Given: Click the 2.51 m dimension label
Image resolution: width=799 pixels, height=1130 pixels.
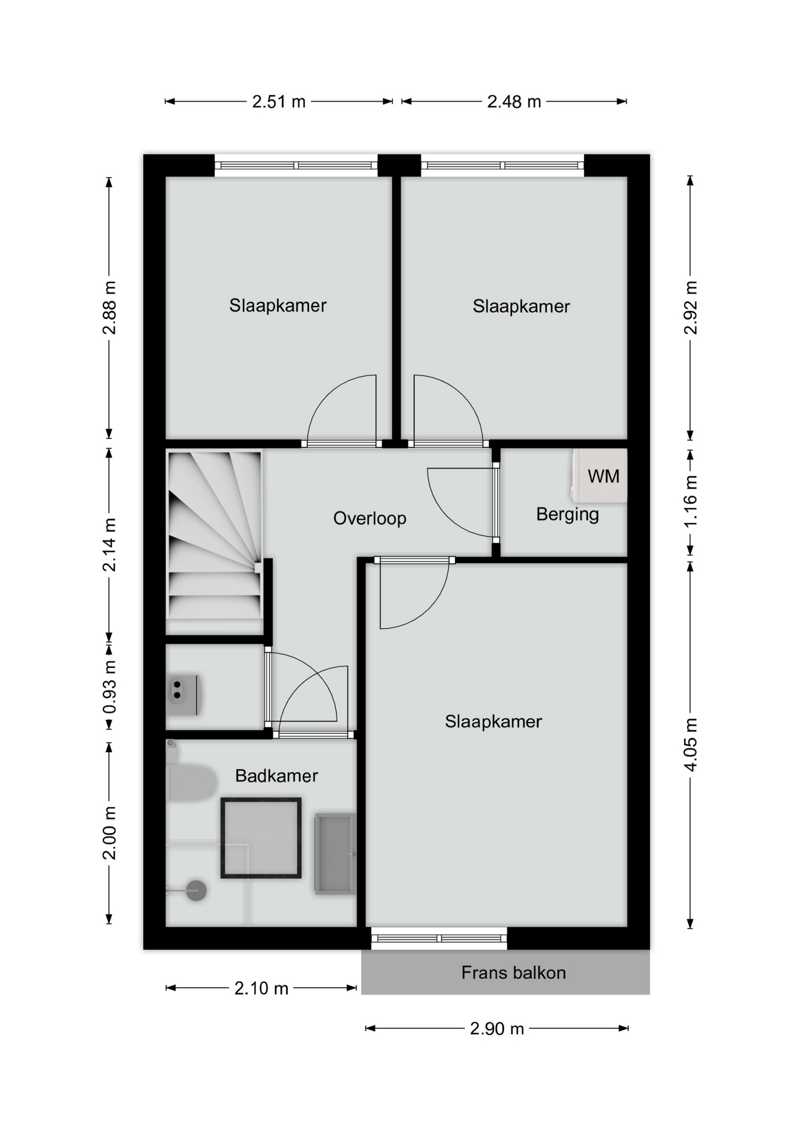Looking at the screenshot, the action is click(279, 102).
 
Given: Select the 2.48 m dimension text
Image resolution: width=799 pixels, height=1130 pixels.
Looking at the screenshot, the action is click(514, 102).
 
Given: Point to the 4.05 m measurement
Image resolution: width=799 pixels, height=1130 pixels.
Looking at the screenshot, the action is click(691, 745).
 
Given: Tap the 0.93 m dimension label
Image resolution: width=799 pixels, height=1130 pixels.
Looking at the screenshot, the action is click(109, 687).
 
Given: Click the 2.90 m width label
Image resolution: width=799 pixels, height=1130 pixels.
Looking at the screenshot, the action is click(497, 1028).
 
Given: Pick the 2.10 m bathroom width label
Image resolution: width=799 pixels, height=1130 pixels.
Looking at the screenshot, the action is click(261, 988).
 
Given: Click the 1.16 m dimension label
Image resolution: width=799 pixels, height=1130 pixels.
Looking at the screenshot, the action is click(691, 501).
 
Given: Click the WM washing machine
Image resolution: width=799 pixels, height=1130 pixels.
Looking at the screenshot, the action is click(599, 476).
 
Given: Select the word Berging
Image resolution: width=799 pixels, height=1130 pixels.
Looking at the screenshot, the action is click(568, 514).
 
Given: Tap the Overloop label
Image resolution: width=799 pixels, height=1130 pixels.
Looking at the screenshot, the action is click(369, 519).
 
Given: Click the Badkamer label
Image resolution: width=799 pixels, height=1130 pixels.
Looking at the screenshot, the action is click(277, 776).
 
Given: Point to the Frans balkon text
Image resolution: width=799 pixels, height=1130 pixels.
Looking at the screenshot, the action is click(514, 973).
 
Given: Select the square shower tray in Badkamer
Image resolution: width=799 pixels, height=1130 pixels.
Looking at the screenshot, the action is click(261, 838).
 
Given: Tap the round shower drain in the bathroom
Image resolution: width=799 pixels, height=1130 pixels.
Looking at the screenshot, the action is click(196, 891).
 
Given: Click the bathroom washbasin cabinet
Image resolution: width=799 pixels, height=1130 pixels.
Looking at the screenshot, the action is click(335, 854).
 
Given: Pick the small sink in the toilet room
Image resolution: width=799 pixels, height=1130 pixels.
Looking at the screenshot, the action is click(184, 694).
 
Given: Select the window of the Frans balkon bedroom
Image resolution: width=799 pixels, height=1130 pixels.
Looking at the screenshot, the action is click(439, 938).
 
